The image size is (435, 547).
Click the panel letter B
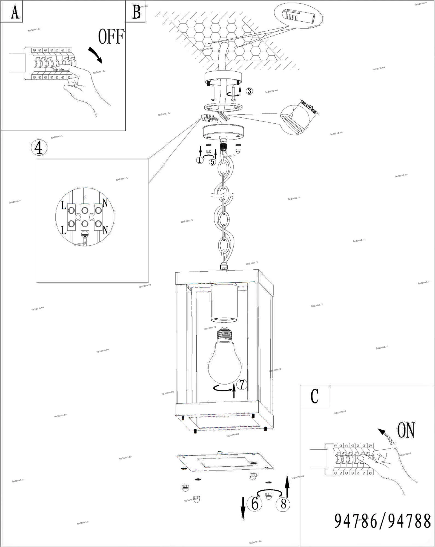[136, 12]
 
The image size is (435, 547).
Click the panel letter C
[315, 396]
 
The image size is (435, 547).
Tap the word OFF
[111, 37]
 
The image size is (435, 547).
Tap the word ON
[406, 430]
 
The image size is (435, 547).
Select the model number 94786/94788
[383, 521]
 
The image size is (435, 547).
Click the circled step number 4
[39, 148]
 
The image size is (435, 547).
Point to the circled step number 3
[249, 91]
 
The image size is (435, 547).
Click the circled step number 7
[242, 384]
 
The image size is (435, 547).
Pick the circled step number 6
[255, 504]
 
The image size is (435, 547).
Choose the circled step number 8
[283, 504]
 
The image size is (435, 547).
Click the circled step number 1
[200, 160]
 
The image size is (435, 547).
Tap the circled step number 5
[212, 162]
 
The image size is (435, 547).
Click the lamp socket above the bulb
[224, 302]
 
